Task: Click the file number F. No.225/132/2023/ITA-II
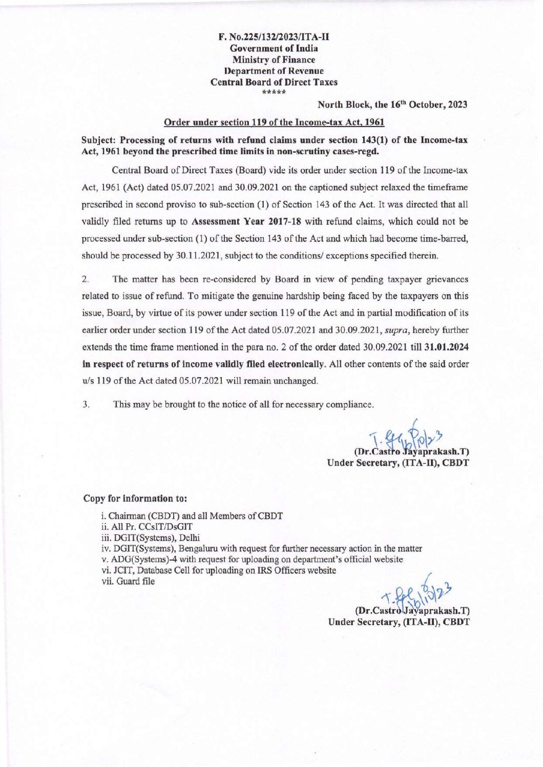click(x=274, y=37)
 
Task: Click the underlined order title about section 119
click(x=274, y=122)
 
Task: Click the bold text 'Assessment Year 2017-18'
click(x=245, y=221)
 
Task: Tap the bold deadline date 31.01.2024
click(x=447, y=347)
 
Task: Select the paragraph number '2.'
click(x=86, y=279)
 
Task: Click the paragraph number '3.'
click(x=86, y=404)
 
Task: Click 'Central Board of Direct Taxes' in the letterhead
click(x=274, y=82)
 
